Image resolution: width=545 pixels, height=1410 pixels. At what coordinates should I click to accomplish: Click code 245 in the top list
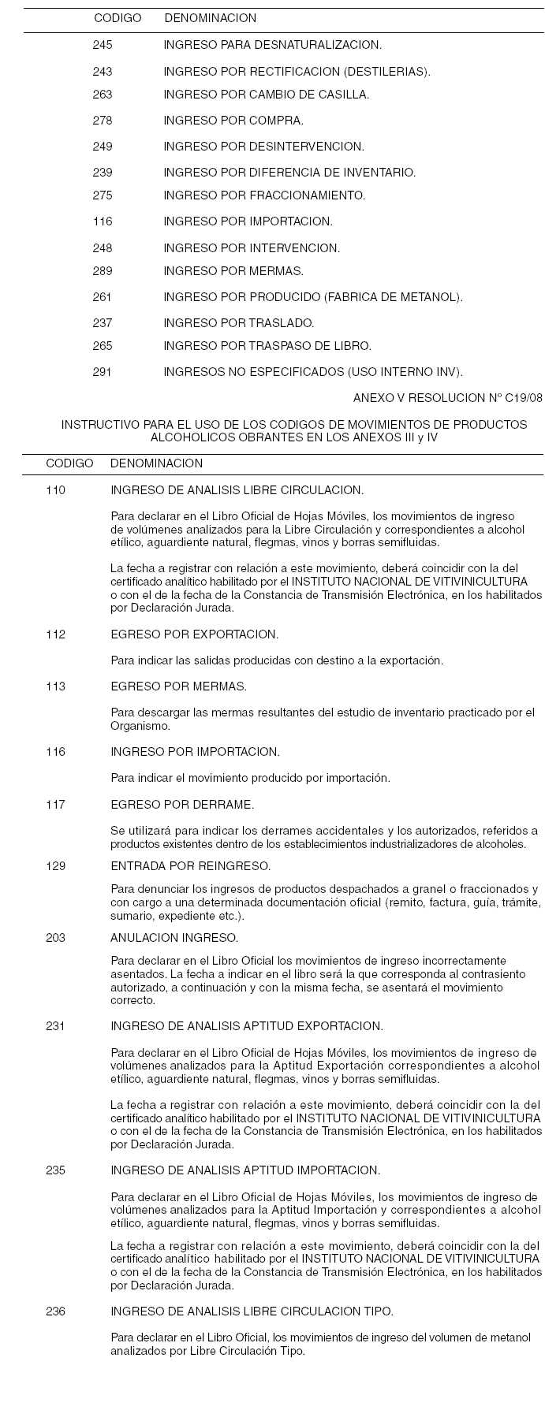click(x=103, y=45)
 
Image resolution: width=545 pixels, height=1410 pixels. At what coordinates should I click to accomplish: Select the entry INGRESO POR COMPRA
click(x=233, y=121)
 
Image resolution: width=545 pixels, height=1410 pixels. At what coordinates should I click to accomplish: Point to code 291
click(x=103, y=372)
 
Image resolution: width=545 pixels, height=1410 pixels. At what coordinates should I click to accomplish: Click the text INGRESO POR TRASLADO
click(x=239, y=323)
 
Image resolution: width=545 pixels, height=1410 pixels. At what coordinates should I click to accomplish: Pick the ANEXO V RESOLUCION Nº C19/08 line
click(x=448, y=398)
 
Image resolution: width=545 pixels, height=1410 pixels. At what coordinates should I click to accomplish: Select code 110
click(x=56, y=490)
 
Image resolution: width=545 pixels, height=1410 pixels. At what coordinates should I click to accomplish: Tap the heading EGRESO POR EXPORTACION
click(x=194, y=634)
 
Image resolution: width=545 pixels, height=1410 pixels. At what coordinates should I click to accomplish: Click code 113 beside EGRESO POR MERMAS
click(x=56, y=686)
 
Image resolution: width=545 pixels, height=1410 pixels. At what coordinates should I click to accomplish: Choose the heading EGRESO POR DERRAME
click(x=182, y=805)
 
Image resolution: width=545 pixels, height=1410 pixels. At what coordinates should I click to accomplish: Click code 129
click(x=56, y=866)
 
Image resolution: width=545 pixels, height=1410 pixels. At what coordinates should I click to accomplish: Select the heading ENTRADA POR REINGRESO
click(x=191, y=866)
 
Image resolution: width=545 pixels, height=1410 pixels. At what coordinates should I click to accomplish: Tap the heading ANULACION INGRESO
click(x=174, y=938)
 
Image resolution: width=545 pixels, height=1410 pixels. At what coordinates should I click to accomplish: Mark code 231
click(x=56, y=1026)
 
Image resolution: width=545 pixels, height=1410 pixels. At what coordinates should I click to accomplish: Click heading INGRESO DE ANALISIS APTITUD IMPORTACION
click(x=245, y=1170)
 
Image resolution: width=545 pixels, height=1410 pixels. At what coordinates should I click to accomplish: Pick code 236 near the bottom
click(x=56, y=1311)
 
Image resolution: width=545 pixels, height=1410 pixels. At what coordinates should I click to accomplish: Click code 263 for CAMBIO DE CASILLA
click(x=103, y=95)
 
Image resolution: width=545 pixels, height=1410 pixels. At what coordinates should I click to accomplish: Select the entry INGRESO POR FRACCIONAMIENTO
click(x=265, y=195)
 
